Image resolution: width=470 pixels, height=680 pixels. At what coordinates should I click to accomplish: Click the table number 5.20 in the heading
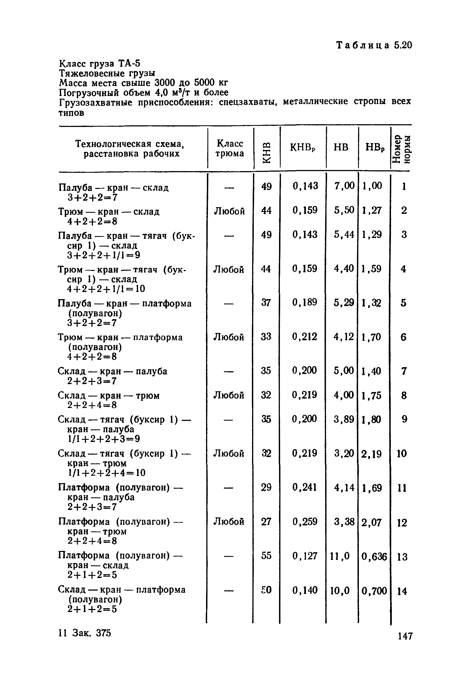coord(403,45)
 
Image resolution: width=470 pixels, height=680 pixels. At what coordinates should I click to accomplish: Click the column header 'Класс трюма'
coord(230,148)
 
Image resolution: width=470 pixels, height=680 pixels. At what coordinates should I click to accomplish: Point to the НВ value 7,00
coord(344,186)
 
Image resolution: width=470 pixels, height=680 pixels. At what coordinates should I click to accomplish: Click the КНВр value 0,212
coord(305,337)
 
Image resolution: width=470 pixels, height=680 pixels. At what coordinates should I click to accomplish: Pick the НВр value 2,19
coord(372,454)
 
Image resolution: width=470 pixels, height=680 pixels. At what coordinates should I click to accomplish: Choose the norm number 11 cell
coord(402,488)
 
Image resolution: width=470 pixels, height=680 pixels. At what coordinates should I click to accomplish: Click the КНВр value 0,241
coord(305,488)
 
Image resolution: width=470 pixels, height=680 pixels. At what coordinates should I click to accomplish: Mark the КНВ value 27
coord(266,522)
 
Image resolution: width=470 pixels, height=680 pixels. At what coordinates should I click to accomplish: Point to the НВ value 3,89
coord(344,419)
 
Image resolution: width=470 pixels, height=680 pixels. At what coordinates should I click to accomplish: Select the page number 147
coord(405,636)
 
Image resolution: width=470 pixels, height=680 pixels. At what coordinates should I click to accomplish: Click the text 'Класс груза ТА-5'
coord(100,63)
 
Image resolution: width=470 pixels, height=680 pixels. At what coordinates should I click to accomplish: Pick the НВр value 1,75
coord(372,395)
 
